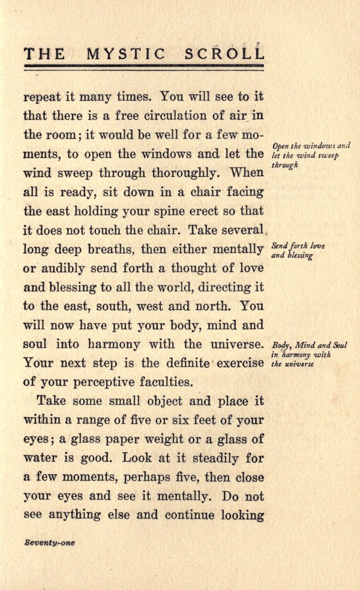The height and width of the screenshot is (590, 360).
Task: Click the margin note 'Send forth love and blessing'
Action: point(298,249)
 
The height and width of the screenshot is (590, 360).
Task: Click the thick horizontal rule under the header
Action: point(144,66)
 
